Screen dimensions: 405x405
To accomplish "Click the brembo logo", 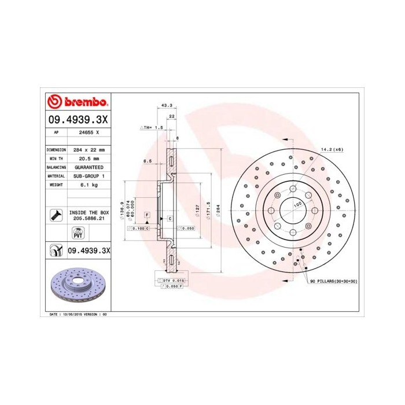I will tap(78, 102).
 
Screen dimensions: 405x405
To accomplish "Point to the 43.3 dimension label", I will tap(167, 105).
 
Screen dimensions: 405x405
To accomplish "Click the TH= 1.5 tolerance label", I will tap(152, 126).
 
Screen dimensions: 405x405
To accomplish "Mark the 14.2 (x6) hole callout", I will tap(333, 149).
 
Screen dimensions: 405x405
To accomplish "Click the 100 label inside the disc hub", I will tap(298, 204).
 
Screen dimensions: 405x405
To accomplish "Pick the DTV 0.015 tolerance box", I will tap(171, 280).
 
